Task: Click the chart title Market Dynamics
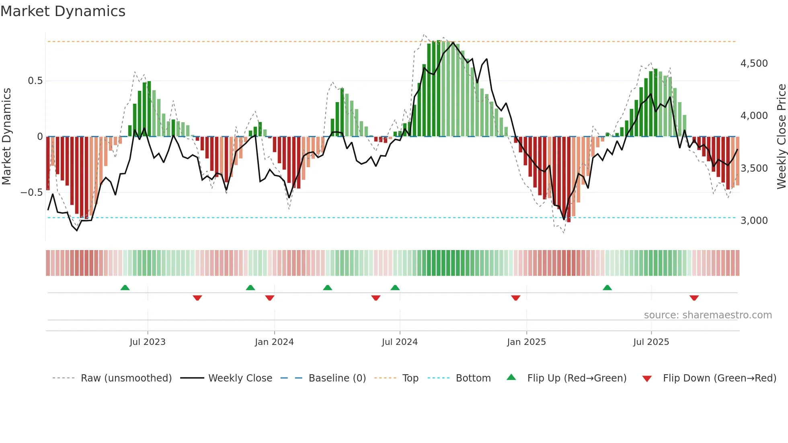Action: click(x=63, y=11)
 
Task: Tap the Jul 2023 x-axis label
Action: click(x=148, y=342)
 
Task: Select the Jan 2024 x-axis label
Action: click(x=274, y=342)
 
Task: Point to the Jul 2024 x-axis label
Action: click(x=400, y=342)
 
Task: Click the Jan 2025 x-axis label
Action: click(x=526, y=342)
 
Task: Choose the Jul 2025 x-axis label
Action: click(x=651, y=342)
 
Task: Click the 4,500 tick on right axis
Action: click(x=754, y=64)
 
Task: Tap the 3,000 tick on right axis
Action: click(x=754, y=221)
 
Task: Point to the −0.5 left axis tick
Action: click(x=31, y=193)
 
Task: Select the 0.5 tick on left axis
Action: click(x=35, y=81)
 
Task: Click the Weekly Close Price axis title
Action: click(x=781, y=137)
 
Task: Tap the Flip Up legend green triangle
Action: click(x=511, y=377)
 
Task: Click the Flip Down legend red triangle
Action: click(x=647, y=379)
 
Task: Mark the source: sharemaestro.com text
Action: click(x=708, y=315)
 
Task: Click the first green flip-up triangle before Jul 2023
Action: click(x=125, y=287)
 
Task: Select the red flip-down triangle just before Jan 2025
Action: click(x=515, y=298)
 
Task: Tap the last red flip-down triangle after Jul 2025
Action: click(x=694, y=298)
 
